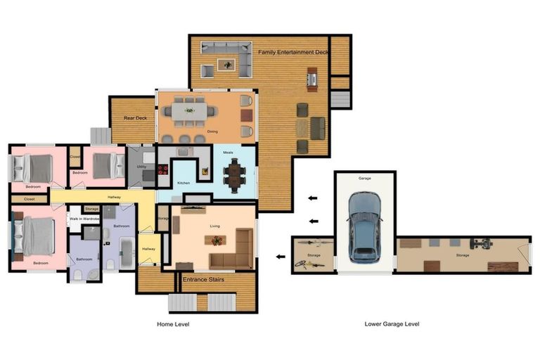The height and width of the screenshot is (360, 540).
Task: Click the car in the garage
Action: (364, 226)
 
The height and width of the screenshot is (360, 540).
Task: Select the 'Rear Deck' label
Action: (135, 118)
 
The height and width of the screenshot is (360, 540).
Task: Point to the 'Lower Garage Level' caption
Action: (392, 324)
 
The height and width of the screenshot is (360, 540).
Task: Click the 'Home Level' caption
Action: (172, 324)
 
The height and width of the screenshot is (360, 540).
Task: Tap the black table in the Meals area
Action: (235, 173)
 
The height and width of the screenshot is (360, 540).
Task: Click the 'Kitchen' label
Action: (183, 183)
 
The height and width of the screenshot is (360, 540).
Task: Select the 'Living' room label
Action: (215, 226)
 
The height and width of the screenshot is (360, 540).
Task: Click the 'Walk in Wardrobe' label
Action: (84, 219)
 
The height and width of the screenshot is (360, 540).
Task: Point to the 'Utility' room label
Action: (141, 167)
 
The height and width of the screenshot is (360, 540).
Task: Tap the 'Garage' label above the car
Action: (364, 179)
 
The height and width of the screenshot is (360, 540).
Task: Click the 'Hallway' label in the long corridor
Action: (114, 198)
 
